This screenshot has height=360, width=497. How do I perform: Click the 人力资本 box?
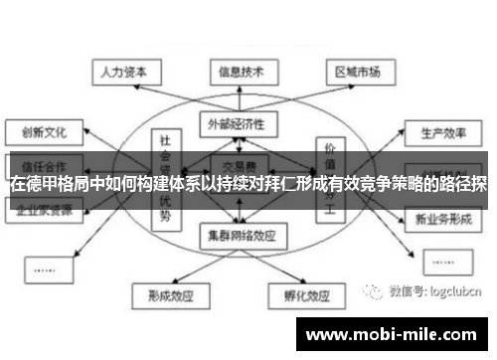pos(121,73)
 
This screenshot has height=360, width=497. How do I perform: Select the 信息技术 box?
pos(242,73)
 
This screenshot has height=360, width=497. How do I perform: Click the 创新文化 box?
pos(38,129)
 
